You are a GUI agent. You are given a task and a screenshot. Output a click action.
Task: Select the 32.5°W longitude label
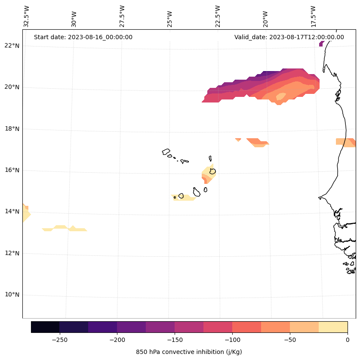27,16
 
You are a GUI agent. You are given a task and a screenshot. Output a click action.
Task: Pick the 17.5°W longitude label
313,16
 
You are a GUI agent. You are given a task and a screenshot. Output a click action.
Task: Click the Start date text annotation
83,37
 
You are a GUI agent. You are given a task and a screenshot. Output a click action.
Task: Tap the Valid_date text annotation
289,37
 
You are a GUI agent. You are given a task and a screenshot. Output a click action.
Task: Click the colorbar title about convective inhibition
189,352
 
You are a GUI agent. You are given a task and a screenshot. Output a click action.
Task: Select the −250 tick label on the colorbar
59,340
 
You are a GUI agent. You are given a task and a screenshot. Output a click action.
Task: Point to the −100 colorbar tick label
232,340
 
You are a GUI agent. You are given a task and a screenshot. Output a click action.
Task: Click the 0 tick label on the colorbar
348,340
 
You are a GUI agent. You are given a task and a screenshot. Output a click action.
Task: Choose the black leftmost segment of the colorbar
45,327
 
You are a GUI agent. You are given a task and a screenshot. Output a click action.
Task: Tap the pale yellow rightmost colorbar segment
333,327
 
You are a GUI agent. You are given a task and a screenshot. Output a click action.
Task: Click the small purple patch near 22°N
321,44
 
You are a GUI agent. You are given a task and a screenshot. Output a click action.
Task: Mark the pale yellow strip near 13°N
65,228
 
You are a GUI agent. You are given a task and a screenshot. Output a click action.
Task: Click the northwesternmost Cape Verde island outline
166,152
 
